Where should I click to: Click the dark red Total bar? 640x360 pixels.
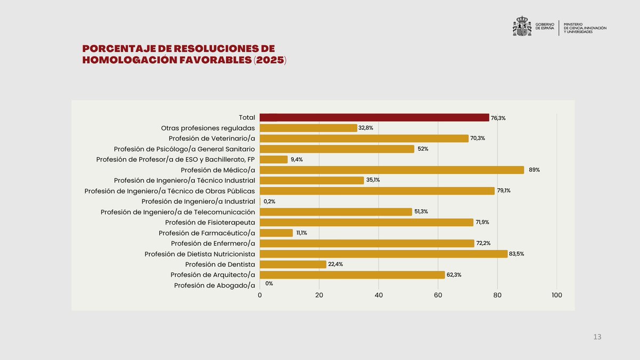click(374, 117)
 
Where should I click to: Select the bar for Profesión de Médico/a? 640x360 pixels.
click(392, 170)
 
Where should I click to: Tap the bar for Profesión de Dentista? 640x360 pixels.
click(293, 265)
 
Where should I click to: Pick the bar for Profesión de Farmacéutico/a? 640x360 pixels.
click(276, 233)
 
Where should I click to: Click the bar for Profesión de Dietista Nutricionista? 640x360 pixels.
click(383, 254)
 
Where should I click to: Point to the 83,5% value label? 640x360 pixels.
click(516, 254)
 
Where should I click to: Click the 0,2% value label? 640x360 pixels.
click(269, 202)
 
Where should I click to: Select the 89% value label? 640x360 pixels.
click(534, 170)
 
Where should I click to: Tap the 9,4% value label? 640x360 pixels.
click(297, 159)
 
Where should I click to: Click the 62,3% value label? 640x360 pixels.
click(454, 275)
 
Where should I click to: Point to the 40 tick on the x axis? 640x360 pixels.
click(379, 295)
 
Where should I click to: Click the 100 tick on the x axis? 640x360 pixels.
click(556, 295)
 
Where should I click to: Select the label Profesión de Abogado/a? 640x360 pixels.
click(214, 285)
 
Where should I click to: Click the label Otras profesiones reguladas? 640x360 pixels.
click(208, 128)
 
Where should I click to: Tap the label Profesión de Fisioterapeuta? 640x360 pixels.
click(210, 222)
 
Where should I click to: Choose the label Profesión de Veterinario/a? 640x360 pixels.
click(212, 138)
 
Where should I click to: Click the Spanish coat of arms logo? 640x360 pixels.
click(522, 26)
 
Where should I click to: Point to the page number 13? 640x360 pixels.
click(597, 337)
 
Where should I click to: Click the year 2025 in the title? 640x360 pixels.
click(269, 60)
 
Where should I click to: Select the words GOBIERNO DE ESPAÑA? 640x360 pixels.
click(545, 26)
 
